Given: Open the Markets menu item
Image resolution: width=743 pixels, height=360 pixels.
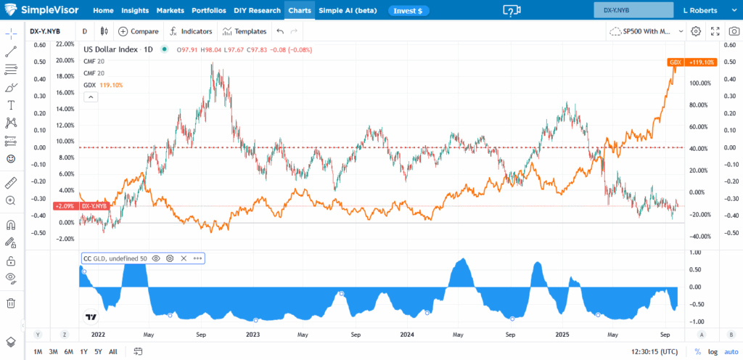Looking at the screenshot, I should [171, 11].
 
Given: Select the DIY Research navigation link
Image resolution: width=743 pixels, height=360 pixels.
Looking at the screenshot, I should [258, 11].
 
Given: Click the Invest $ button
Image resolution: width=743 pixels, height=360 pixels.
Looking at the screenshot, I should [409, 11].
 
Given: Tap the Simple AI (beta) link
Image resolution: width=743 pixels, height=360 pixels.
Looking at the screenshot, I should [348, 11].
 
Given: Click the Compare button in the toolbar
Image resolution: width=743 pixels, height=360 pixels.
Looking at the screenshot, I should [139, 31].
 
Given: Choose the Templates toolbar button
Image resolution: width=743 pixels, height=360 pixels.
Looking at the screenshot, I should [245, 31].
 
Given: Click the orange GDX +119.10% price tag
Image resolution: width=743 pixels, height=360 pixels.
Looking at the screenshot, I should [691, 62].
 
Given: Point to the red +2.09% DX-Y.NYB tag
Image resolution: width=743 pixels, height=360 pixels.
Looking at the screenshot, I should [94, 206].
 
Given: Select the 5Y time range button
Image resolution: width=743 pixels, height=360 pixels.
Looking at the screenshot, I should [99, 351].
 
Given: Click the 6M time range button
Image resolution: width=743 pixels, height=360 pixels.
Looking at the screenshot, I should [68, 351].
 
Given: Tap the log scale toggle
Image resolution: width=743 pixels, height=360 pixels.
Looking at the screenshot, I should [713, 351].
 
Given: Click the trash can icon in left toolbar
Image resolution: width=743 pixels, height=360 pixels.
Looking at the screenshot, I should [11, 303].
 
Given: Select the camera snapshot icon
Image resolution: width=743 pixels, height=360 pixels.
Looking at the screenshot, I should [734, 31].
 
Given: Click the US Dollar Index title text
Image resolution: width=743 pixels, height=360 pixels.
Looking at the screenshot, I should [110, 49].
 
